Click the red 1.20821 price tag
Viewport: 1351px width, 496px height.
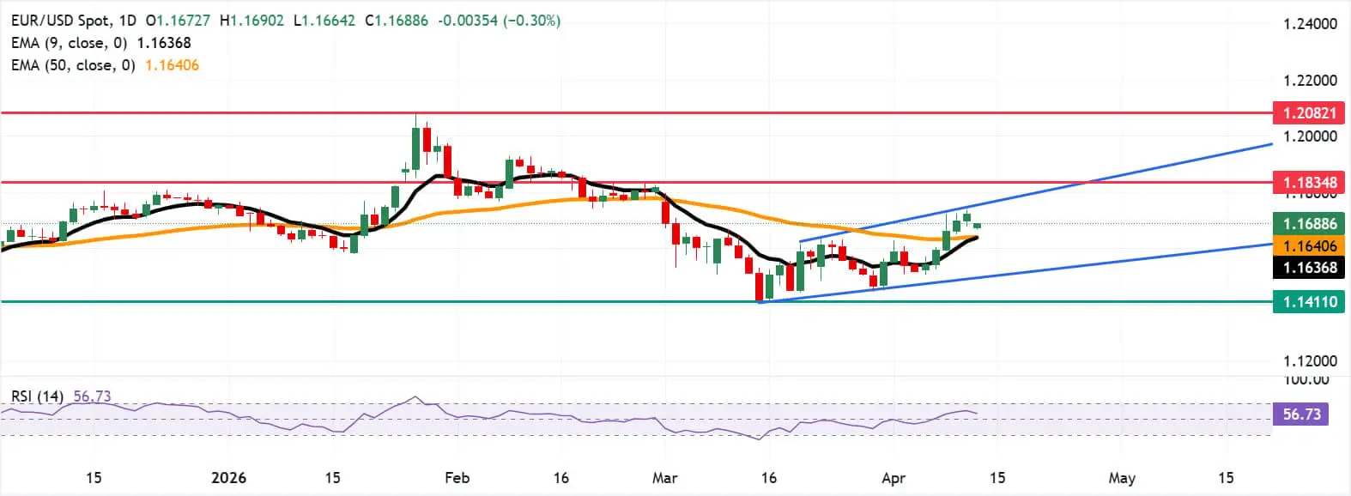[x=1310, y=112]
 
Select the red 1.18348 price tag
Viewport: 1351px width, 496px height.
[x=1310, y=182]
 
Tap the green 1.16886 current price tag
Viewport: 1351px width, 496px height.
[x=1310, y=224]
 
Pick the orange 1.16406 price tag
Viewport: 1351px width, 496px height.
[x=1310, y=246]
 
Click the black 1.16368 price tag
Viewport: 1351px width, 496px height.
[x=1310, y=268]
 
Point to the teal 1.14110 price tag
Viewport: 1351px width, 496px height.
[x=1310, y=301]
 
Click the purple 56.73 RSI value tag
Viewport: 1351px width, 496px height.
[x=1301, y=414]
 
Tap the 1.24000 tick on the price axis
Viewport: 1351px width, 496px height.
[x=1310, y=24]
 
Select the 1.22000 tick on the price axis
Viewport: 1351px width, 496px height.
[x=1310, y=81]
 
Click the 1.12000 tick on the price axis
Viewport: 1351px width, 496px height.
[x=1310, y=361]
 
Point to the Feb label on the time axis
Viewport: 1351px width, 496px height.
[x=457, y=478]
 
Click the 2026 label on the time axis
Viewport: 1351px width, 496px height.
[x=228, y=478]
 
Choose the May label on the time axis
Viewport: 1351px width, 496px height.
[x=1121, y=478]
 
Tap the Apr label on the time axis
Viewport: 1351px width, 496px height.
[x=894, y=478]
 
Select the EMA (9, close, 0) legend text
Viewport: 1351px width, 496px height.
[x=70, y=43]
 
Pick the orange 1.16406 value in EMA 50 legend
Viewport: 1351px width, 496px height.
[x=172, y=65]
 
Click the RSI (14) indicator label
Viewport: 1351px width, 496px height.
[x=37, y=396]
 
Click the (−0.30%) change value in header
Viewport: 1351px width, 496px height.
[x=532, y=20]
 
